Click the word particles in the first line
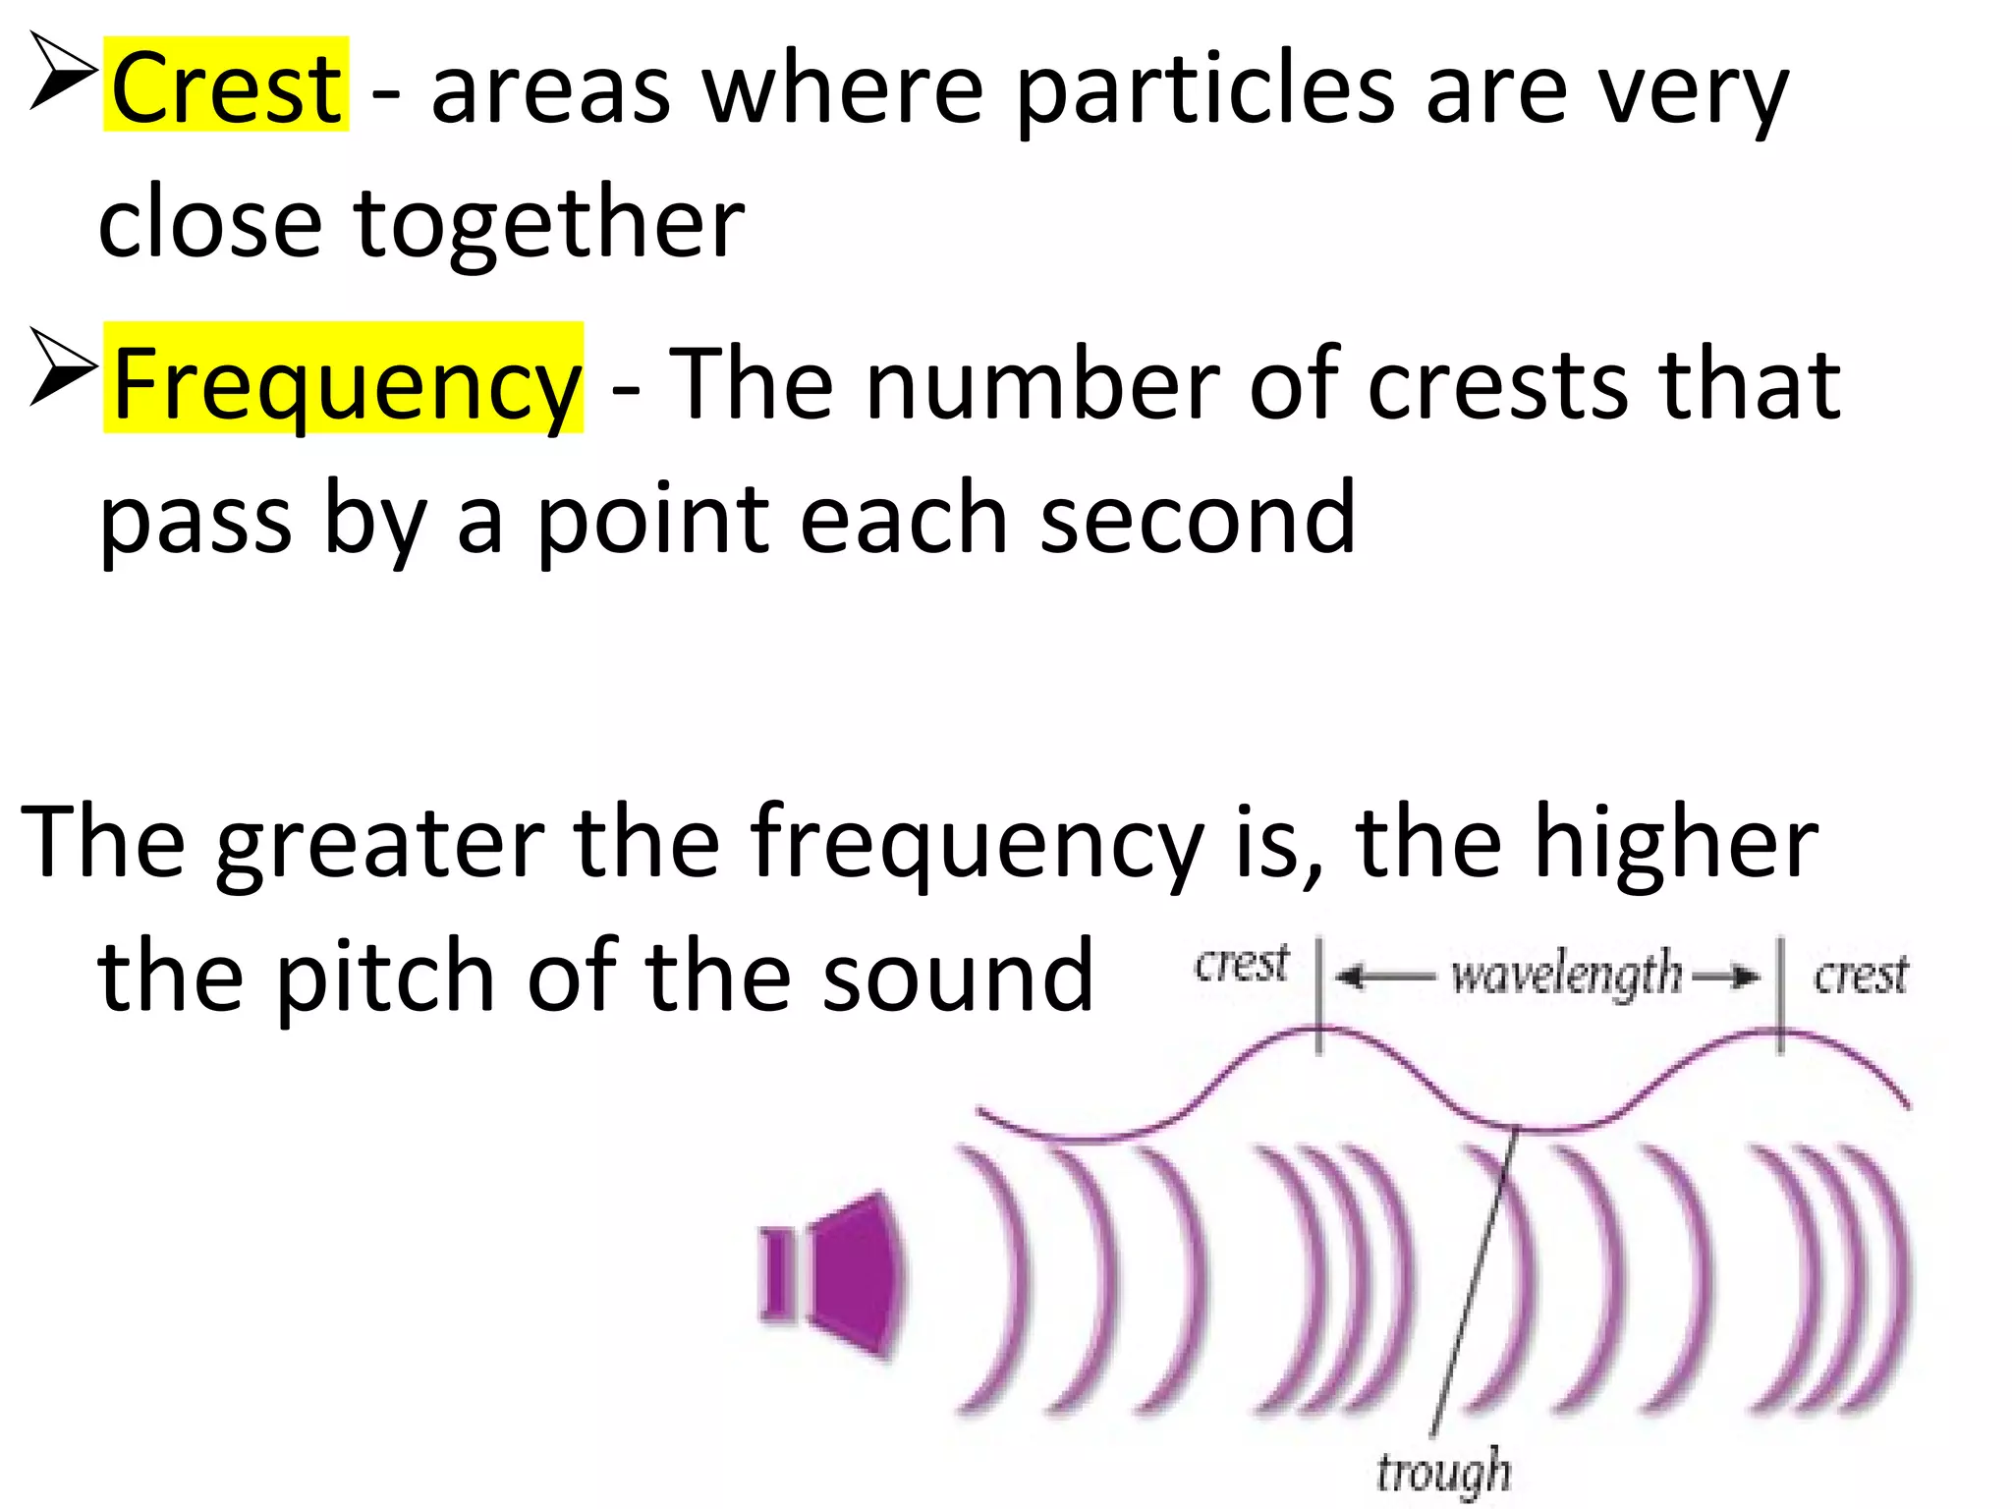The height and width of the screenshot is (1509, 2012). pos(1203,90)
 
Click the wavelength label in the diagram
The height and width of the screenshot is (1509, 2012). pos(1566,976)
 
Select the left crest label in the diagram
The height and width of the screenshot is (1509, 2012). pos(1241,964)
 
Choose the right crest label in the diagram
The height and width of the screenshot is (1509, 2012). pos(1860,976)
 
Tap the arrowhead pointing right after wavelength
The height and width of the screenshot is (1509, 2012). pos(1745,977)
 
